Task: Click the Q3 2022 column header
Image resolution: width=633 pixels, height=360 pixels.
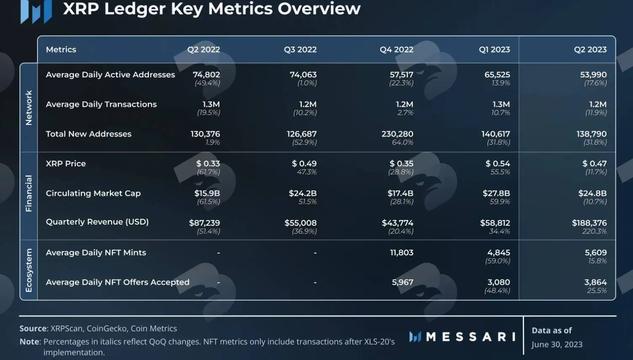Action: click(x=300, y=50)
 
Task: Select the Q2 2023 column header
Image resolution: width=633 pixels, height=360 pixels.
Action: click(x=590, y=50)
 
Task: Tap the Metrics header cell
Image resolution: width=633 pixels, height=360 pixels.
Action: click(x=61, y=50)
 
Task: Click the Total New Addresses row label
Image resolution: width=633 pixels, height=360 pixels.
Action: click(x=88, y=134)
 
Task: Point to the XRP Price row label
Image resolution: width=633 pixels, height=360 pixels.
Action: click(x=66, y=164)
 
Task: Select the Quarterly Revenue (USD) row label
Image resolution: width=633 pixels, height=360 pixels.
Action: click(x=97, y=222)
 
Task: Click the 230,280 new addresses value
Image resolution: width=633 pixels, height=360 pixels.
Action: click(x=397, y=134)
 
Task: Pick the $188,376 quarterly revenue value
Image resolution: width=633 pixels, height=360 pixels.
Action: click(x=589, y=223)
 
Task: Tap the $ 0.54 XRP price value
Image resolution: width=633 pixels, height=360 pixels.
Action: click(x=497, y=164)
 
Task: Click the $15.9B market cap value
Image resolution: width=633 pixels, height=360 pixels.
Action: click(x=207, y=193)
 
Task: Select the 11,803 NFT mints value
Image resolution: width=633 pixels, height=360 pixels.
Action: click(x=402, y=252)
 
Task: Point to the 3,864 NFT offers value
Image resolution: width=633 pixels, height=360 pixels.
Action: click(x=596, y=282)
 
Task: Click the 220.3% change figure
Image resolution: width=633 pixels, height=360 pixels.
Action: click(x=594, y=232)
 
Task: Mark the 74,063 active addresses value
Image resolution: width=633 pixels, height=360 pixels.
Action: click(x=303, y=74)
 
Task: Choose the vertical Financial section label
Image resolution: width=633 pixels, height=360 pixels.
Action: click(x=29, y=193)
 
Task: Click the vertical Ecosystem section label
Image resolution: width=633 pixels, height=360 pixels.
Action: click(x=29, y=270)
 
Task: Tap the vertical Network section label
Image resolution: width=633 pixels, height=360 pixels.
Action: click(x=29, y=108)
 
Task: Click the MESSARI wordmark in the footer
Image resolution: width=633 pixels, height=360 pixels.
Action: click(x=471, y=336)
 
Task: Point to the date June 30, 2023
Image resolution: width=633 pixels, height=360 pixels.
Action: click(x=557, y=344)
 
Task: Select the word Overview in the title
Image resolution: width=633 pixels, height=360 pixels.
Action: click(x=319, y=8)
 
